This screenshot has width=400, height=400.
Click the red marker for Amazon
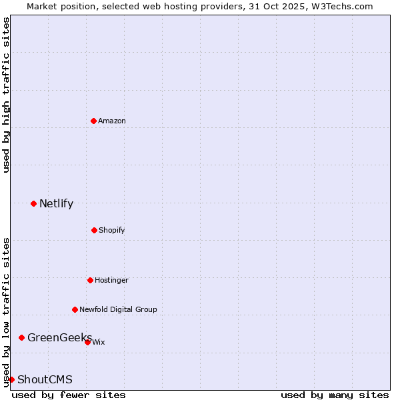(x=93, y=121)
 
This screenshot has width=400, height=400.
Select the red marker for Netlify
(x=33, y=203)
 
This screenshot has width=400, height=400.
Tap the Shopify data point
(x=94, y=230)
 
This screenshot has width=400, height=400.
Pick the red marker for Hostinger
(x=90, y=280)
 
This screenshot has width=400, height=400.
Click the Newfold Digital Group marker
(x=75, y=309)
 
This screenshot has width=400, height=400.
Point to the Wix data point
(x=87, y=342)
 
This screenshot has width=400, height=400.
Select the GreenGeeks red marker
(x=21, y=337)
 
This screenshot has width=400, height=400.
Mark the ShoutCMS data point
(x=11, y=379)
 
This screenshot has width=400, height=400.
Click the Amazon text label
(x=112, y=121)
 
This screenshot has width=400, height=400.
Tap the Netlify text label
(x=56, y=203)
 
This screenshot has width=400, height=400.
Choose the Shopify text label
(x=112, y=230)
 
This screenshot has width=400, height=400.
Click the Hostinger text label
(x=111, y=280)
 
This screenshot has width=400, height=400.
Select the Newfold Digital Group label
(x=118, y=309)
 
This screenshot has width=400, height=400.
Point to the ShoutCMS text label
(x=45, y=379)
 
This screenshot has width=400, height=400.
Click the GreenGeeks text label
(x=59, y=337)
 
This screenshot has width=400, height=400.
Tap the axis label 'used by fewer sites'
(x=69, y=395)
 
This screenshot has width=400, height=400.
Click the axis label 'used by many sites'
(x=335, y=395)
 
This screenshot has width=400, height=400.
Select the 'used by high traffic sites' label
(x=6, y=95)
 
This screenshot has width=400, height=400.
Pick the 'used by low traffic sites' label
(x=6, y=311)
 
